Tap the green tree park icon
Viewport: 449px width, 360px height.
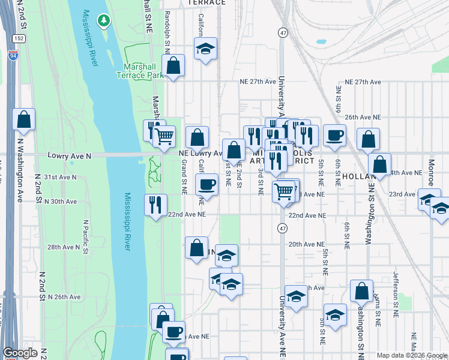click(x=104, y=21)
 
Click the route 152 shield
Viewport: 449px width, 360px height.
click(x=19, y=38)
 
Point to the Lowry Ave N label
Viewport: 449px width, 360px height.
click(x=69, y=155)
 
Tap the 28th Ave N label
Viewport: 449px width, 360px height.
click(x=64, y=247)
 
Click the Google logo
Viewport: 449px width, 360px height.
click(x=20, y=353)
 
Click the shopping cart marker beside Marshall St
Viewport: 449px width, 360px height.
click(x=164, y=136)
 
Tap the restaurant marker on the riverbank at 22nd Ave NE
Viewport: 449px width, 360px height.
click(x=155, y=205)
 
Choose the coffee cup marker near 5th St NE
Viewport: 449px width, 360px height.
click(x=334, y=136)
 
